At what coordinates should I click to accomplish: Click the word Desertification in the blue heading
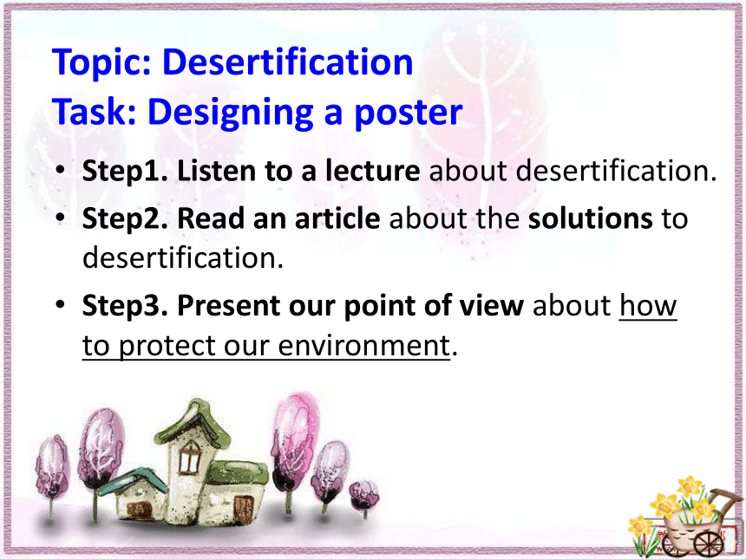tap(287, 62)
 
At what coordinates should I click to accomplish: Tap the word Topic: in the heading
tap(101, 63)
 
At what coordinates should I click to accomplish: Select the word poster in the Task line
tap(409, 114)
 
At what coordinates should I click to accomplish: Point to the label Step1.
tap(125, 172)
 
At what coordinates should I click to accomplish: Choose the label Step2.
tap(125, 219)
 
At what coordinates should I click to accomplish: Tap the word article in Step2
tap(337, 218)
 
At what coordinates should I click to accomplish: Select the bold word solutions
tap(591, 218)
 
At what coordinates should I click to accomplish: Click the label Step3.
tap(125, 306)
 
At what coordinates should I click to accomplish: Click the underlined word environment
tap(363, 346)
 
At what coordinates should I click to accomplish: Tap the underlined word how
tap(648, 305)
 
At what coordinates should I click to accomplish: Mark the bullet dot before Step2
tap(60, 217)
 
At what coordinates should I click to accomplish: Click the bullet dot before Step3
tap(60, 303)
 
